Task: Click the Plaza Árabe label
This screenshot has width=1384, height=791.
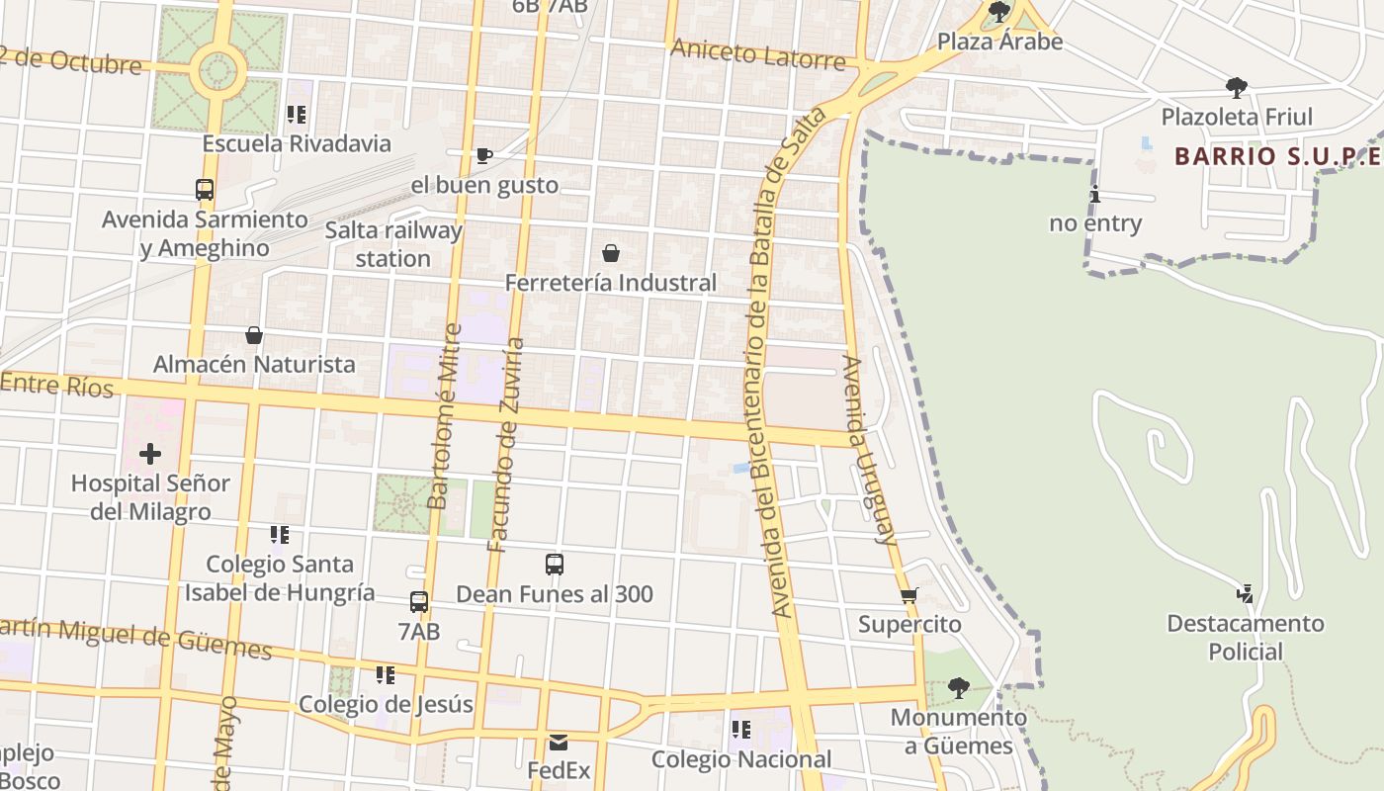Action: [x=999, y=42]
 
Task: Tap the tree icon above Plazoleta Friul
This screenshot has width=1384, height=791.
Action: [x=1236, y=88]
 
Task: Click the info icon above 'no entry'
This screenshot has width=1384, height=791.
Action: [x=1094, y=194]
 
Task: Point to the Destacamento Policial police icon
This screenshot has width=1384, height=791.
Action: [x=1245, y=593]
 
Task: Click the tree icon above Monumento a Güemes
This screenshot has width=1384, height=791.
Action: [x=957, y=688]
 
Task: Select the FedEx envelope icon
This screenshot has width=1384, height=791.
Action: [x=559, y=742]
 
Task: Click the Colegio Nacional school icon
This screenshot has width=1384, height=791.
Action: [x=740, y=731]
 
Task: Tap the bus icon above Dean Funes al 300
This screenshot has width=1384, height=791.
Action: [x=555, y=565]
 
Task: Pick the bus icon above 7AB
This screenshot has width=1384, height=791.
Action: [x=419, y=602]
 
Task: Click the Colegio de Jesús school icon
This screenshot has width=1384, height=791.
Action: [x=385, y=675]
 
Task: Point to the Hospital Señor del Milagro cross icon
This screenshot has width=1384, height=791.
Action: [x=150, y=454]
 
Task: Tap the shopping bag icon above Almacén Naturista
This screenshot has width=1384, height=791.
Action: [x=254, y=335]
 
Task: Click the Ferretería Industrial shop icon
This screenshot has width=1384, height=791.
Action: [x=611, y=253]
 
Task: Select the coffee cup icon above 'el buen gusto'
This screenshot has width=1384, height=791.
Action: [x=483, y=155]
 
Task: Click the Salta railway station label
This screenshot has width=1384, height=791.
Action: [x=393, y=244]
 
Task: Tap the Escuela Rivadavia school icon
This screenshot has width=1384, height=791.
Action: [x=296, y=115]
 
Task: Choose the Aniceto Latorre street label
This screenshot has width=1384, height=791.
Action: [x=757, y=54]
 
